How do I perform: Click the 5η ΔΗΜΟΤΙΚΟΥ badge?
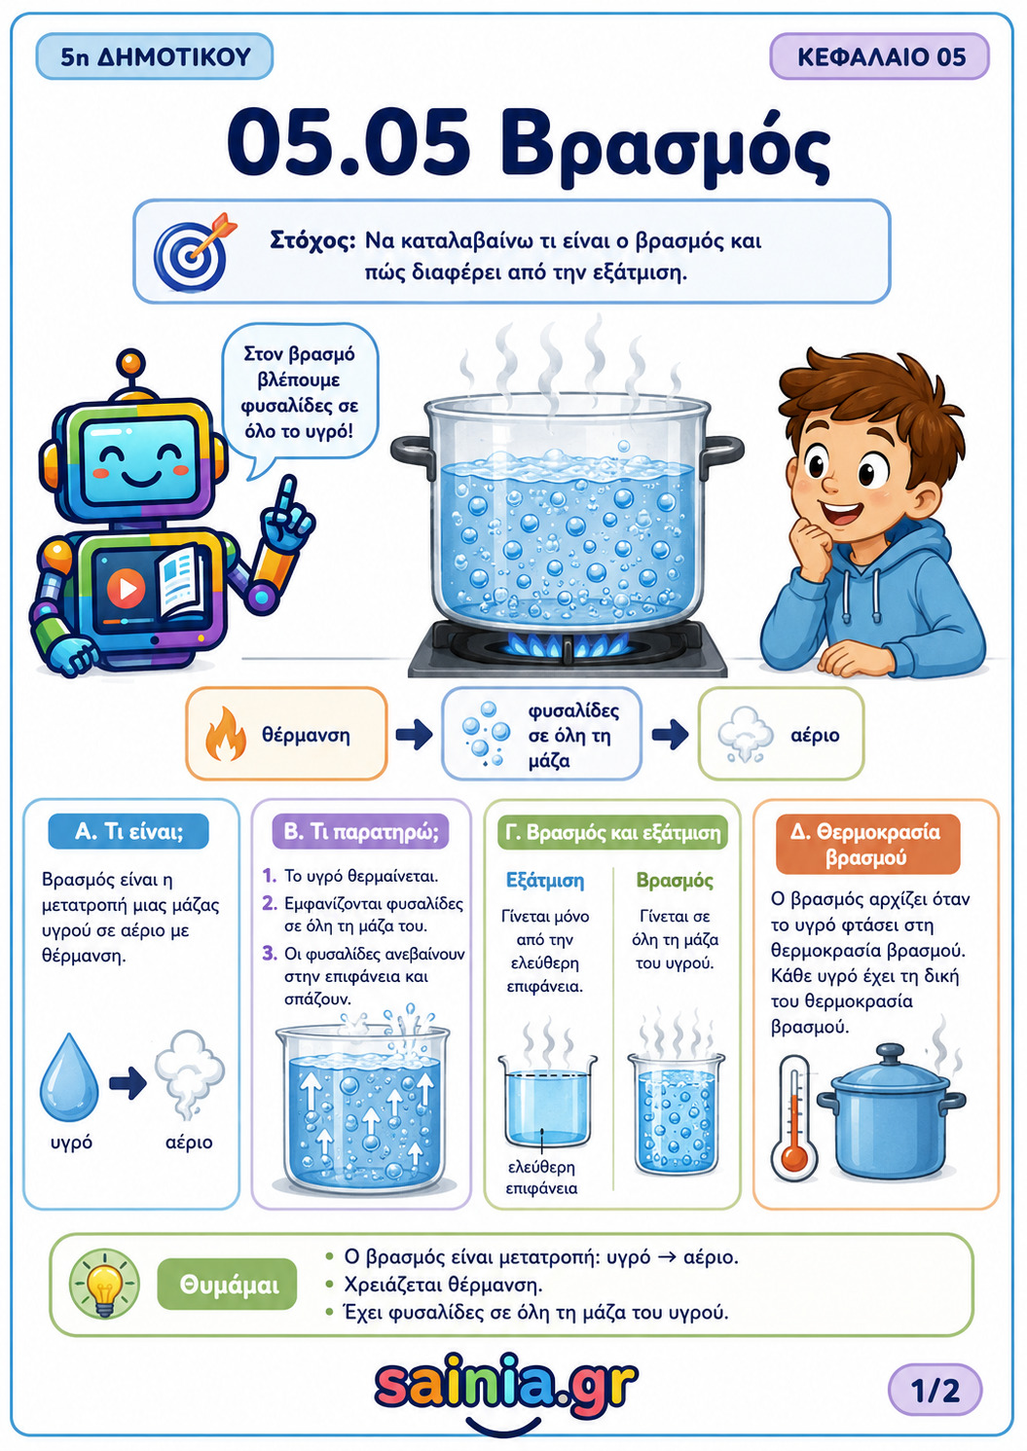coord(154,57)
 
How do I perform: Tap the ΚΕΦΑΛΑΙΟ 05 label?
coord(879,57)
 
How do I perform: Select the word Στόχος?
coord(312,241)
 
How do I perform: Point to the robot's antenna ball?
coord(131,361)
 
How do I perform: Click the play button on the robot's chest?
coord(127,588)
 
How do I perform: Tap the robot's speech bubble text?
coord(300,392)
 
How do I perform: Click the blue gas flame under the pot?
coord(569,642)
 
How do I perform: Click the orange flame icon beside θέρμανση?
coord(225,733)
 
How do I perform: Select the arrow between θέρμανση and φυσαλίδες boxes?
coord(414,734)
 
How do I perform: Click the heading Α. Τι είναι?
coord(128,832)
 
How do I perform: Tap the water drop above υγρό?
coord(69,1076)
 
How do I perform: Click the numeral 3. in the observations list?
coord(270,954)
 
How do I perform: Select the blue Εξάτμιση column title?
coord(545,881)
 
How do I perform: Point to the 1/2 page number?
coord(935,1390)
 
